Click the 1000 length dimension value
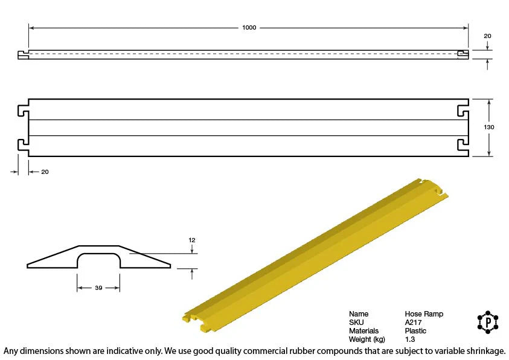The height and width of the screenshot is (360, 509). (249, 28)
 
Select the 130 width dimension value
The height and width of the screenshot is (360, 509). (489, 127)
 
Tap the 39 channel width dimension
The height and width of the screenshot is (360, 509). (98, 288)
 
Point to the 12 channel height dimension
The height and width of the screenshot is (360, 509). (192, 240)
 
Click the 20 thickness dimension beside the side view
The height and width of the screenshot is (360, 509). (487, 36)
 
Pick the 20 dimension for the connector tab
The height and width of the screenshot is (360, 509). (45, 172)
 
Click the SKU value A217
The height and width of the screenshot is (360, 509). (413, 323)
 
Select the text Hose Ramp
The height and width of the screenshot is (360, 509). (424, 314)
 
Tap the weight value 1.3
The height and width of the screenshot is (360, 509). (410, 339)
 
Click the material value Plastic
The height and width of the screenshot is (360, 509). (415, 331)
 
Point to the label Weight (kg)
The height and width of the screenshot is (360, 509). (367, 339)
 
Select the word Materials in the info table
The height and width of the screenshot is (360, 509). (363, 331)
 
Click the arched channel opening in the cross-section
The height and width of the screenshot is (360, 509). (98, 262)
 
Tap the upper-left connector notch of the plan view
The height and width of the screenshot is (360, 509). (23, 112)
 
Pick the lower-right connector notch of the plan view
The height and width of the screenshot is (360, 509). (463, 144)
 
